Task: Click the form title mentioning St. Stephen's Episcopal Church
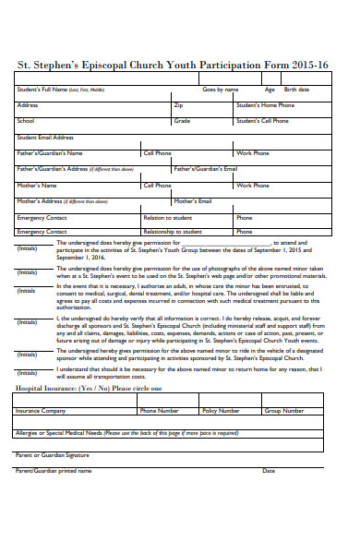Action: tap(180, 66)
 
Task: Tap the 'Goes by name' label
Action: tap(221, 90)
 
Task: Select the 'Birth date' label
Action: tap(296, 90)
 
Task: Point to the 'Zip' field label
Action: tap(179, 105)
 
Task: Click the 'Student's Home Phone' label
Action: tap(265, 105)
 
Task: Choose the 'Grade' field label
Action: tap(183, 121)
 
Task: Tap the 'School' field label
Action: tap(26, 121)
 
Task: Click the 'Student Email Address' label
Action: tap(45, 137)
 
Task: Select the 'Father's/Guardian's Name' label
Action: tap(50, 153)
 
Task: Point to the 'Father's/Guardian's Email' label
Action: tap(206, 169)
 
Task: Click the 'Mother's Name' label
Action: tap(36, 185)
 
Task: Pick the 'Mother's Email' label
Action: tap(193, 200)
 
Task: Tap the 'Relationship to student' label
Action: tap(173, 232)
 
